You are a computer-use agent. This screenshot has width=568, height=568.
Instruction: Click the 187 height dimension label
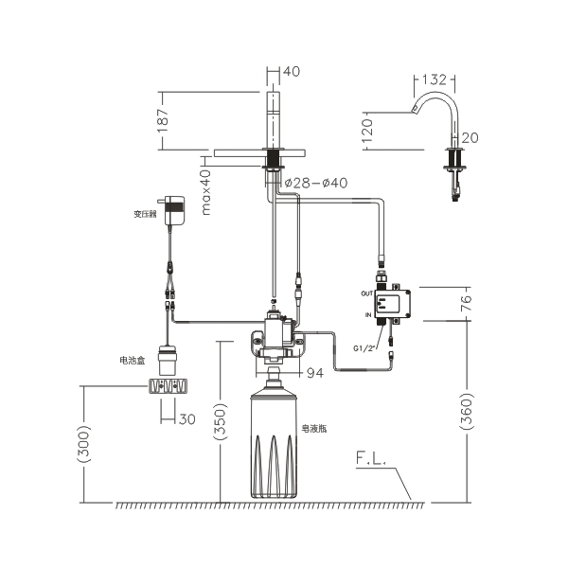[164, 119]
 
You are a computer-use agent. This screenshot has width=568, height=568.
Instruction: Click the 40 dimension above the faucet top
[292, 71]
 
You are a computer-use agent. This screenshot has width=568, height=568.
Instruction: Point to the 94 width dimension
[314, 373]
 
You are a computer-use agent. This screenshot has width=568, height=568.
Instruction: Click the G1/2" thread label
[365, 347]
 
